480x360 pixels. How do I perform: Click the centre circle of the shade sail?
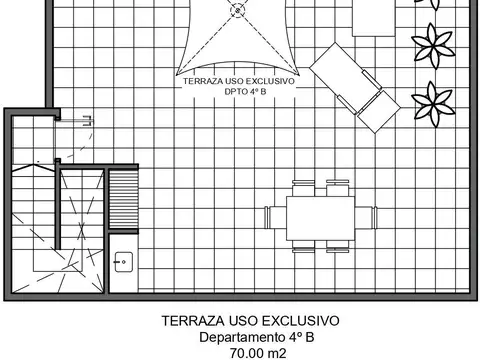tap(238, 9)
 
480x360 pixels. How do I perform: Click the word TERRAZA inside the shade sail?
tap(203, 84)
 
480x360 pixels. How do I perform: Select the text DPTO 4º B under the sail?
tap(239, 95)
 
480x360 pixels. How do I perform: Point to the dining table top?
tap(321, 216)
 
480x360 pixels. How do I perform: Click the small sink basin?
tap(123, 264)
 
